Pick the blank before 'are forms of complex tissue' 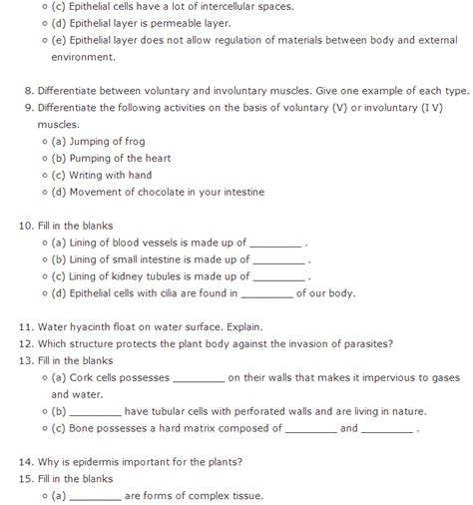(97, 495)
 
